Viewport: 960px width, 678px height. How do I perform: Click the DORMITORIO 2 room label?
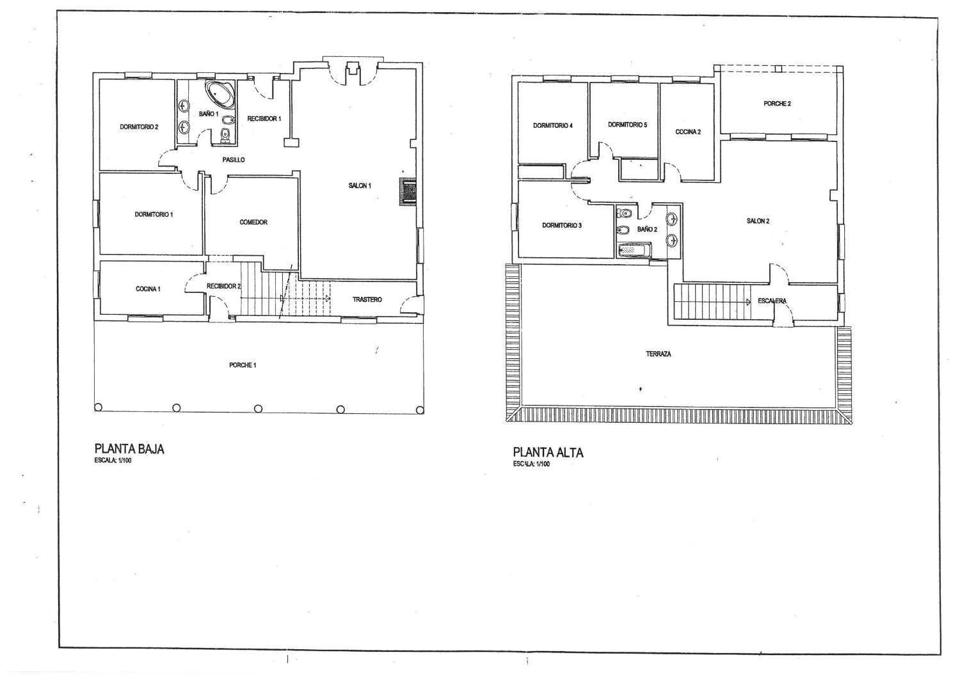coord(139,127)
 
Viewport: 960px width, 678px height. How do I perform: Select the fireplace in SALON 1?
coord(408,192)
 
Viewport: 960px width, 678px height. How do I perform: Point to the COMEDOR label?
coord(253,223)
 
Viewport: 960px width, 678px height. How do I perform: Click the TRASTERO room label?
coord(367,300)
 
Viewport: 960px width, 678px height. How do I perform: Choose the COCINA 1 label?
coord(148,289)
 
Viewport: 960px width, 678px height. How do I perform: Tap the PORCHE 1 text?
coord(243,365)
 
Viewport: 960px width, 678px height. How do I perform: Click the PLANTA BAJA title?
coord(129,449)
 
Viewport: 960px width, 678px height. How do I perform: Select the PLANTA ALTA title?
coord(548,453)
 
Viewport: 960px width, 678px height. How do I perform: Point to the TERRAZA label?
coord(659,354)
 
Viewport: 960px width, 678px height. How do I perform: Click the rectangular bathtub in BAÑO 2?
coord(634,249)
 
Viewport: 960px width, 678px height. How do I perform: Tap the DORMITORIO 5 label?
coord(627,125)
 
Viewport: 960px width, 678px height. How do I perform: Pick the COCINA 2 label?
coord(688,132)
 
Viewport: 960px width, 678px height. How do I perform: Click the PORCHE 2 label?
coord(777,104)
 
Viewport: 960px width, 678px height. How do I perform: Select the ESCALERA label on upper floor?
coord(772,301)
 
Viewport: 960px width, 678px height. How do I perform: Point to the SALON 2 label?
coord(758,221)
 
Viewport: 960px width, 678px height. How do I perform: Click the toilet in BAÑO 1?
coord(225,136)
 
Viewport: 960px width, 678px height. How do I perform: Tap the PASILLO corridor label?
coord(234,160)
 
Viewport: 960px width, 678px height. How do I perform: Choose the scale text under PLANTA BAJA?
coord(113,462)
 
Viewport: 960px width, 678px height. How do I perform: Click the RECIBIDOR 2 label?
coord(224,286)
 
